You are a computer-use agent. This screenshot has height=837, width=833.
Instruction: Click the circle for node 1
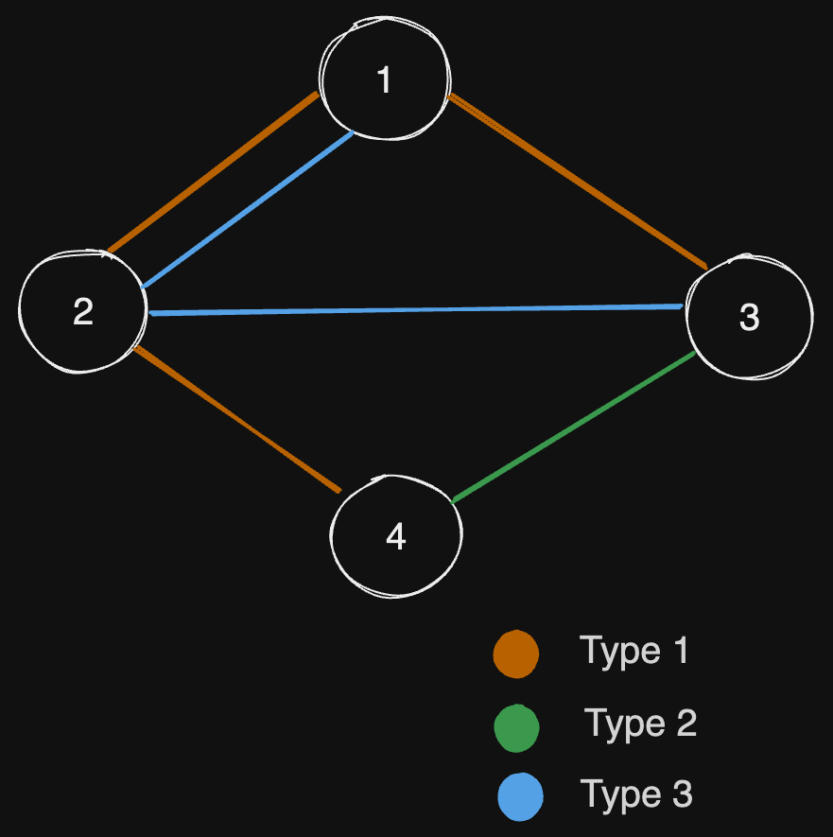coord(384,81)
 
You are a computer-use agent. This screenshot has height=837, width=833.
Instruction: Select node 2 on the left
coord(83,311)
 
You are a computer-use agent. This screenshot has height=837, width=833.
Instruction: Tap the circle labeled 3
coord(749,318)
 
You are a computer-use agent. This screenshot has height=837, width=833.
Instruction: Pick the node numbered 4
coord(396,536)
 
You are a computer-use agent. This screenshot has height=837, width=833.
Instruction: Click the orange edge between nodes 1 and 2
coord(213,173)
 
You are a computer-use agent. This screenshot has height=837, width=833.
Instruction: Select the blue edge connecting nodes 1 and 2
coord(247,210)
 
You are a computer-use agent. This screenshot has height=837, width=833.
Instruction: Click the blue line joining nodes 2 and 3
coord(416,309)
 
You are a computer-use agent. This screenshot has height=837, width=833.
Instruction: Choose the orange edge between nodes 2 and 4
coord(236,419)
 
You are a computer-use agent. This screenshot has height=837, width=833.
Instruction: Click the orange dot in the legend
coord(516,654)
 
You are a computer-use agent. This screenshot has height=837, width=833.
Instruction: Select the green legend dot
coord(516,727)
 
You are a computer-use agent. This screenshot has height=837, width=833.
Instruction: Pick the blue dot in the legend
coord(520,796)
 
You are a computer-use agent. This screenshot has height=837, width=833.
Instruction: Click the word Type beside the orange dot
coord(619,653)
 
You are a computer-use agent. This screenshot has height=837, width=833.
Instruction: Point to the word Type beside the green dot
coord(624,725)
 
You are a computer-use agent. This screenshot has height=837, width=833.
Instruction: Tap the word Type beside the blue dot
coord(620,795)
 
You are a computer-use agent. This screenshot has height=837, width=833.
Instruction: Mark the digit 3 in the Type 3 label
coord(681,793)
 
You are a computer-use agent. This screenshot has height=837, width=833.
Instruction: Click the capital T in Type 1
coord(590,651)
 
